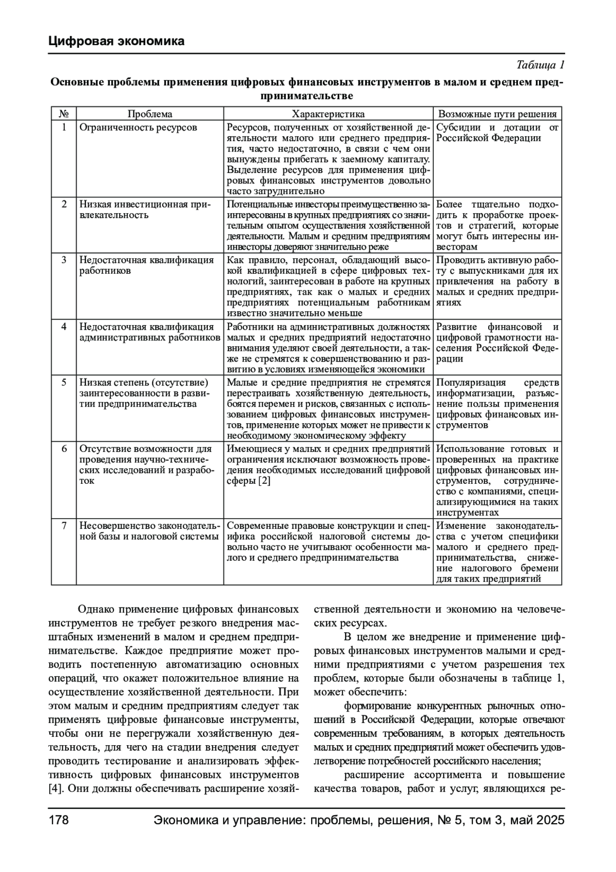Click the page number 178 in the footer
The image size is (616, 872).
59,820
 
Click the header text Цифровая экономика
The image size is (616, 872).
117,41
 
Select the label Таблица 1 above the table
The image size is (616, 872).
540,65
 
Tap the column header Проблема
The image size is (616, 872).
150,114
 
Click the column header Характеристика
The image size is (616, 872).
328,114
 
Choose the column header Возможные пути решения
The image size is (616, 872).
497,114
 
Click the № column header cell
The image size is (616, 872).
64,114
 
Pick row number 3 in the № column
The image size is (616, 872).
64,260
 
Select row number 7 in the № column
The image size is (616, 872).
64,525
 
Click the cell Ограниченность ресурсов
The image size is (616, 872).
138,127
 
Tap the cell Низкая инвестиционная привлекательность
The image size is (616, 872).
145,210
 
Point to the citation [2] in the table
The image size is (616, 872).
264,481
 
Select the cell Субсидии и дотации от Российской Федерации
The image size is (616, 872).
497,132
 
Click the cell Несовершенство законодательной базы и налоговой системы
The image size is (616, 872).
149,531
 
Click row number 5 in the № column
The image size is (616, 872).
64,382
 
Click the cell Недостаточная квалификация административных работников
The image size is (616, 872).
149,332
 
